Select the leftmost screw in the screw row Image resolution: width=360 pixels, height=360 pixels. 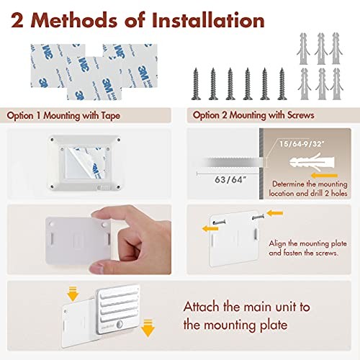pyautogui.click(x=196, y=84)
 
